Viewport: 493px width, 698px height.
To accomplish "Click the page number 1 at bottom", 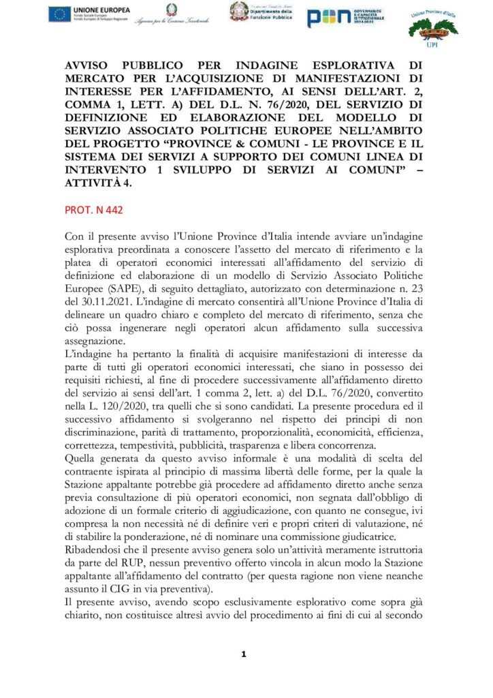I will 244,654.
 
